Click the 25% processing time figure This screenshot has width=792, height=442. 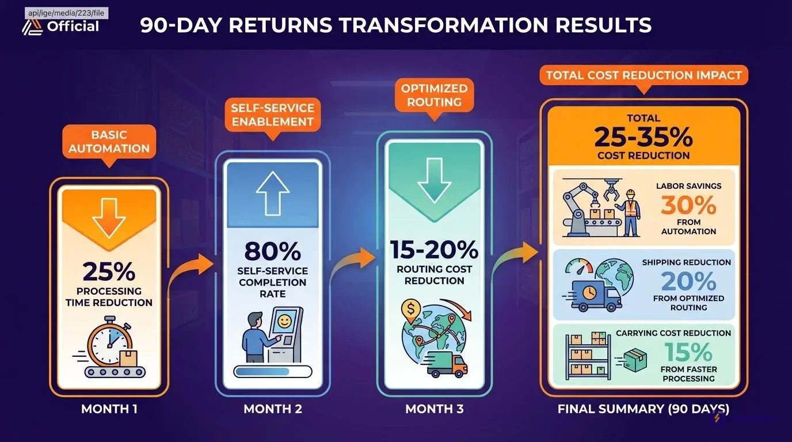tap(109, 271)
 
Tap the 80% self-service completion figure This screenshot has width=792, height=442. tap(273, 252)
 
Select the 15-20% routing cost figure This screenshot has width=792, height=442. tap(434, 250)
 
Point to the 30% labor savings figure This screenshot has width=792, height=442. tap(688, 205)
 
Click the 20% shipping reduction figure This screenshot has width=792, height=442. tap(688, 281)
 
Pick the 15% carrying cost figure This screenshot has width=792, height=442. tap(688, 352)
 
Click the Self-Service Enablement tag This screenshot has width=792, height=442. tap(273, 115)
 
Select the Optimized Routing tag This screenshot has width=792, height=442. tap(435, 95)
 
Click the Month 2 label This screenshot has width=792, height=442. tap(273, 409)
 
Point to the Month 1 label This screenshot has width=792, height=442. tap(109, 409)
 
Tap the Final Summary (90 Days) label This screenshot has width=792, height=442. tap(643, 409)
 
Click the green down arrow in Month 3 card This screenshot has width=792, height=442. tap(435, 181)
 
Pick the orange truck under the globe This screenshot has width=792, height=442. tap(448, 365)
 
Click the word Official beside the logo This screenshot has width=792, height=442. tap(73, 26)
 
